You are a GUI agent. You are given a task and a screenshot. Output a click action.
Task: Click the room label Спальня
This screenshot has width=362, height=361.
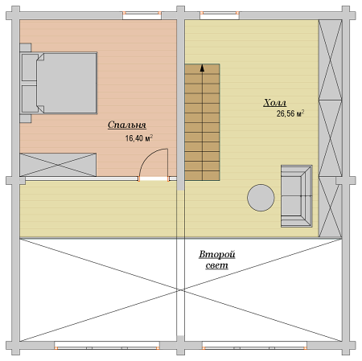pyautogui.click(x=127, y=125)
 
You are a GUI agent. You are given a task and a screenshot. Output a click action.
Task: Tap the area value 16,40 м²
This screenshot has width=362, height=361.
pyautogui.click(x=139, y=138)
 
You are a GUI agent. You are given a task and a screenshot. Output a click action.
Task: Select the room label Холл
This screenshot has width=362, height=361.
pyautogui.click(x=275, y=103)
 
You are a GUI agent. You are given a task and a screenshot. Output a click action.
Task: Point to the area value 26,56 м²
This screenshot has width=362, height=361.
pyautogui.click(x=290, y=113)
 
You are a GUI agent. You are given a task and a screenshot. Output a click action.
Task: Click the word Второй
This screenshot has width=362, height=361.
pyautogui.click(x=217, y=254)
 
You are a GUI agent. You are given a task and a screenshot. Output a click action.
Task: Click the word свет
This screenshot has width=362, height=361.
pyautogui.click(x=217, y=265)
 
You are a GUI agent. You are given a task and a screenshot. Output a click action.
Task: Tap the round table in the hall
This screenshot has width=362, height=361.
pyautogui.click(x=261, y=198)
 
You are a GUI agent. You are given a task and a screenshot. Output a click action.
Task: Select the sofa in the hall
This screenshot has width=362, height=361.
pyautogui.click(x=297, y=196)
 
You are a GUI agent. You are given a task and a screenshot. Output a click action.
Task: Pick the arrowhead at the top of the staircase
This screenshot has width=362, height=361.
pyautogui.click(x=202, y=68)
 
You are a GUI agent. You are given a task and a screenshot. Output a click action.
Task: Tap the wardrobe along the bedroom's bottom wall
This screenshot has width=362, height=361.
pyautogui.click(x=58, y=165)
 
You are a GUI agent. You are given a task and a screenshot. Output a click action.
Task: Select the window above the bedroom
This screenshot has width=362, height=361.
pyautogui.click(x=142, y=15)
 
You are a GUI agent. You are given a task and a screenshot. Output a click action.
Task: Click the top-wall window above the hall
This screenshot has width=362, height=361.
pyautogui.click(x=220, y=15)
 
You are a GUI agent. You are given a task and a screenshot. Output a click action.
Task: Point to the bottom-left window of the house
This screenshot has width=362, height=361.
pyautogui.click(x=107, y=345)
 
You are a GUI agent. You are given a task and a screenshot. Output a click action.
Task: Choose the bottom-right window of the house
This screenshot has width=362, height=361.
pyautogui.click(x=254, y=345)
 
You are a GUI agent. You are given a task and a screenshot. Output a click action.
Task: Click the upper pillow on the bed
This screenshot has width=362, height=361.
pyautogui.click(x=30, y=68)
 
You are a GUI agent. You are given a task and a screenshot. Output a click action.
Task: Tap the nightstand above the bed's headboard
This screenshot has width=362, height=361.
pyautogui.click(x=26, y=47)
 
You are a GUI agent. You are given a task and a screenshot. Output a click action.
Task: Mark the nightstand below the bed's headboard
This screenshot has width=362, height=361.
pyautogui.click(x=26, y=119)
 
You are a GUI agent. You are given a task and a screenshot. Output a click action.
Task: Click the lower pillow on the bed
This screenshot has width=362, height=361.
pyautogui.click(x=30, y=99)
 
